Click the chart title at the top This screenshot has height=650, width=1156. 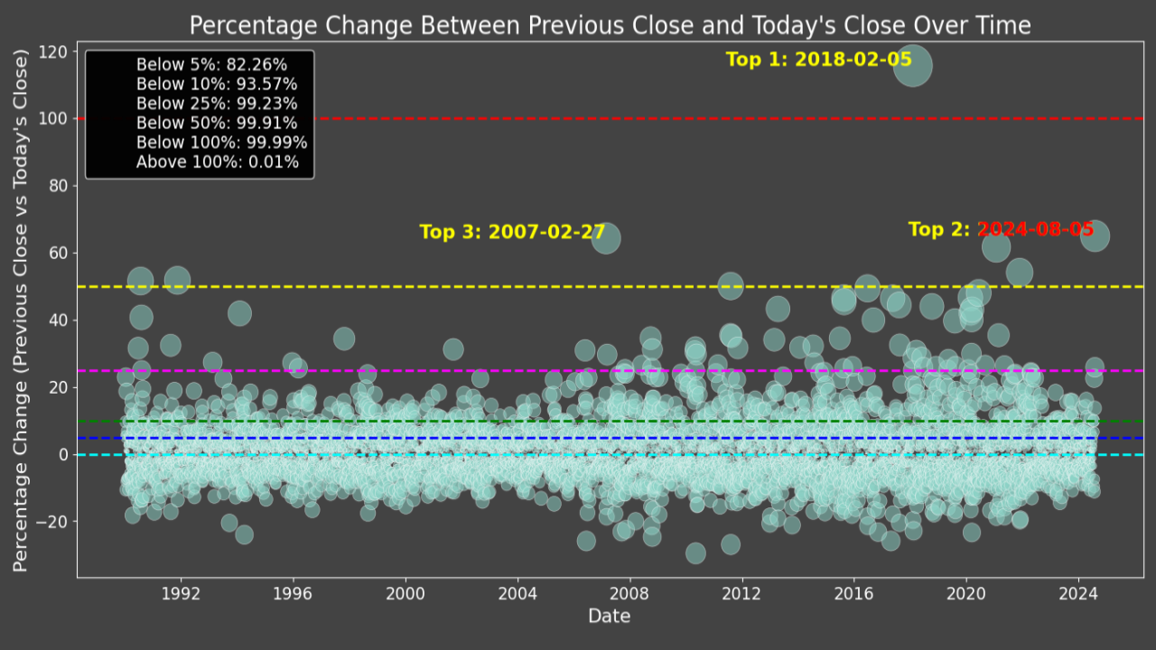click(610, 25)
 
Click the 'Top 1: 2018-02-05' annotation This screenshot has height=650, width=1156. click(818, 60)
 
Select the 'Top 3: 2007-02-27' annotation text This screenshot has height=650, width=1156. click(512, 232)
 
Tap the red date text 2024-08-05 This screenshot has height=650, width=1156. click(1036, 229)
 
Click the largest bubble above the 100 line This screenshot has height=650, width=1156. click(912, 66)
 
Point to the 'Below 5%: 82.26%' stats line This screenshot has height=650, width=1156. click(211, 65)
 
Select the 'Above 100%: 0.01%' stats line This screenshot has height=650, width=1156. click(217, 162)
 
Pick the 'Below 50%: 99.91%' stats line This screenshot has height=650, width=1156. click(217, 123)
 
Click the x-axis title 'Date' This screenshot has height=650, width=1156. click(610, 617)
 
